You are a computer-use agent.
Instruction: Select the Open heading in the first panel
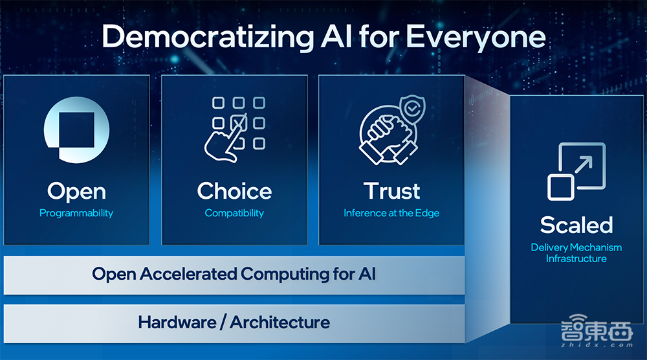click(x=76, y=192)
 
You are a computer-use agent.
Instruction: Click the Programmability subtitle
click(x=76, y=213)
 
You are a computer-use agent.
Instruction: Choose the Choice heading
click(x=234, y=191)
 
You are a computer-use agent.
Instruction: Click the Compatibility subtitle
click(x=234, y=213)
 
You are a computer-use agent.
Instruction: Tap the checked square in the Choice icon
click(x=239, y=122)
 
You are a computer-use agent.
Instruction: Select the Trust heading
click(x=391, y=191)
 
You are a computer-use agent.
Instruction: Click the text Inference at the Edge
click(x=391, y=213)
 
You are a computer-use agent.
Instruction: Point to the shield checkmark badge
click(x=413, y=109)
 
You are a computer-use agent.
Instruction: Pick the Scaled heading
click(x=576, y=225)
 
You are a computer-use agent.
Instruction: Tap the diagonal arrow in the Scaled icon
click(x=584, y=164)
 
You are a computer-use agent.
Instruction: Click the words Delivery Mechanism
click(x=576, y=247)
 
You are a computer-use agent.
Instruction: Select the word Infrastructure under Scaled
click(x=576, y=259)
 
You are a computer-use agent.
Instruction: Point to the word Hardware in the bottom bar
click(x=177, y=322)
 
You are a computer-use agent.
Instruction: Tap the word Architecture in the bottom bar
click(x=280, y=322)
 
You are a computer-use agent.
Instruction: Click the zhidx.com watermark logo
click(x=597, y=331)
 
